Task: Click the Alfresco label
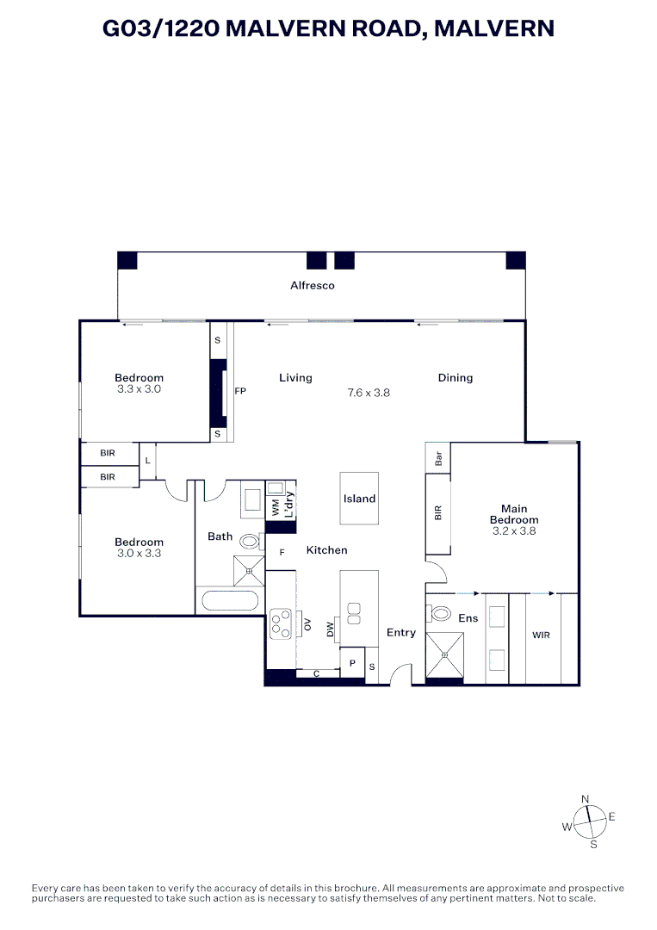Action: point(312,285)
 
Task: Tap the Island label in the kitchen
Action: point(359,499)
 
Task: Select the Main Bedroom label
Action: point(514,514)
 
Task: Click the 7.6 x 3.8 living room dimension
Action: point(369,393)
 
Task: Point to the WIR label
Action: point(541,635)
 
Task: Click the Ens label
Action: point(469,618)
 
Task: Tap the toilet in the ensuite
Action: point(441,614)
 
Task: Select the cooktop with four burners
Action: point(281,623)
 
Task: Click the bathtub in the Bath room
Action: point(229,603)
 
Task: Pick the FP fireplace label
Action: point(240,392)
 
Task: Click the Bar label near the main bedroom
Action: point(438,458)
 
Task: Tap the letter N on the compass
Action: point(586,799)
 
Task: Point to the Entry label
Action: point(400,632)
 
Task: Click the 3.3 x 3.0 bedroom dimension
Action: point(139,389)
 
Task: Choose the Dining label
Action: point(455,377)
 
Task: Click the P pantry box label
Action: point(352,664)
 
